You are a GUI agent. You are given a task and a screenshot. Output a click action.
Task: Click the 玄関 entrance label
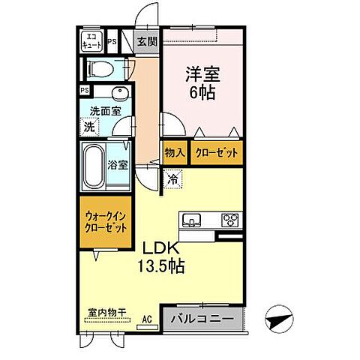coord(148,42)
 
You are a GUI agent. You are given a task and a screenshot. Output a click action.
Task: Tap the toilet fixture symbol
coord(100,69)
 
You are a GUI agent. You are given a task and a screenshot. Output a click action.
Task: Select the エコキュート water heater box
coord(92,42)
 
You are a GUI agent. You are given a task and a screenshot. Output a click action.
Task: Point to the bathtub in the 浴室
coord(94,166)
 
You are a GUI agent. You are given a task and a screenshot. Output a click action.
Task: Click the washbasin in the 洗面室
coord(120,93)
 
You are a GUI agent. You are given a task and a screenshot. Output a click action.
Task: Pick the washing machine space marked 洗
coord(89,127)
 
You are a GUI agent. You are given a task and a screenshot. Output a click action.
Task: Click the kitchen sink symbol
coord(191,220)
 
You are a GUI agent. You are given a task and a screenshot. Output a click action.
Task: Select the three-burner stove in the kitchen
coord(230,220)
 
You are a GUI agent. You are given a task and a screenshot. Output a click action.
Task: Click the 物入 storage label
coord(175,153)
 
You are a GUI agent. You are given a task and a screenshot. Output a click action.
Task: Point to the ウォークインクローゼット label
coord(105,222)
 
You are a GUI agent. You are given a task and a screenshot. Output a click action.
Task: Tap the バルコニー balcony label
coord(202,319)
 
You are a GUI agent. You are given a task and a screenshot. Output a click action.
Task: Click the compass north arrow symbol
coord(279,319)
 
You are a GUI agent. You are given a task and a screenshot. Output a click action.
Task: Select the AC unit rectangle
coord(148,327)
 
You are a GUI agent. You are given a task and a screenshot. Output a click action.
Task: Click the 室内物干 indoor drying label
coord(106,312)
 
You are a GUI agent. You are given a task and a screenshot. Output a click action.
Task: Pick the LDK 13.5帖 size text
coord(161,258)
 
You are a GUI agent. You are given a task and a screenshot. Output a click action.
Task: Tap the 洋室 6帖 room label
coord(202,83)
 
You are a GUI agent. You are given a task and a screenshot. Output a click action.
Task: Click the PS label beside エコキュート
coord(112,41)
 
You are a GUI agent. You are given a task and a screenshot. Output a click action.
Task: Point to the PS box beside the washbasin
coord(85,90)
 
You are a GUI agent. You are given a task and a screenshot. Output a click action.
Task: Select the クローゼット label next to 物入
coord(217,153)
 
